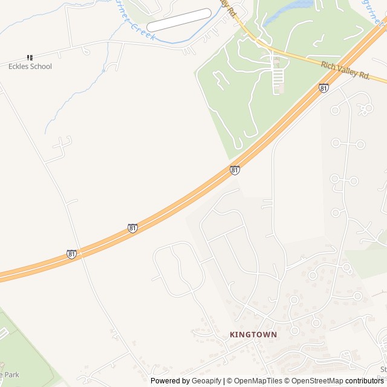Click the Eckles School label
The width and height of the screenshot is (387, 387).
click(x=30, y=67)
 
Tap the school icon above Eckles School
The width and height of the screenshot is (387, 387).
click(x=30, y=57)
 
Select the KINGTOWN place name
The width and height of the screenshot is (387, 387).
click(x=253, y=334)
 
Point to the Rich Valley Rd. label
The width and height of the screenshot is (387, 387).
click(x=345, y=69)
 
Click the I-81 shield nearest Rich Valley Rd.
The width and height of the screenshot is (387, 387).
click(x=324, y=88)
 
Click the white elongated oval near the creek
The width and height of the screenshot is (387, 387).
click(x=180, y=20)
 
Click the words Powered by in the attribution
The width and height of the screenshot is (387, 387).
click(x=170, y=381)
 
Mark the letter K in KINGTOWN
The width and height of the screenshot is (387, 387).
click(x=232, y=334)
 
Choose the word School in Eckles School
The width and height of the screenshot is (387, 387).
click(x=41, y=67)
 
